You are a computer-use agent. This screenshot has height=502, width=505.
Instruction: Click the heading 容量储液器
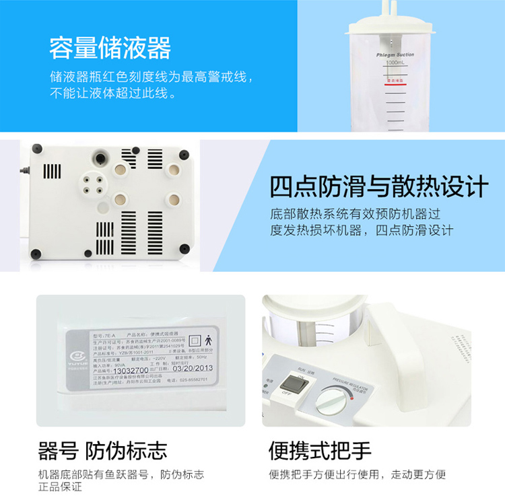click(110, 48)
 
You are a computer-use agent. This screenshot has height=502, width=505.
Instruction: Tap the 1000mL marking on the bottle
click(395, 63)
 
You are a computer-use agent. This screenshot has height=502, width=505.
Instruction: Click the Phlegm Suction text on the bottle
click(395, 54)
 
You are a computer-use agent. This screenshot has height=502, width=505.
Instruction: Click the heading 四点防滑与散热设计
click(378, 186)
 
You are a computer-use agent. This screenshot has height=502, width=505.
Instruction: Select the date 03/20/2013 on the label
click(193, 368)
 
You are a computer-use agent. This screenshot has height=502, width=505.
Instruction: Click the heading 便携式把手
click(320, 450)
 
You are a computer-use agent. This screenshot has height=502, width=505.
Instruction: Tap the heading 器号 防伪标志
click(102, 450)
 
